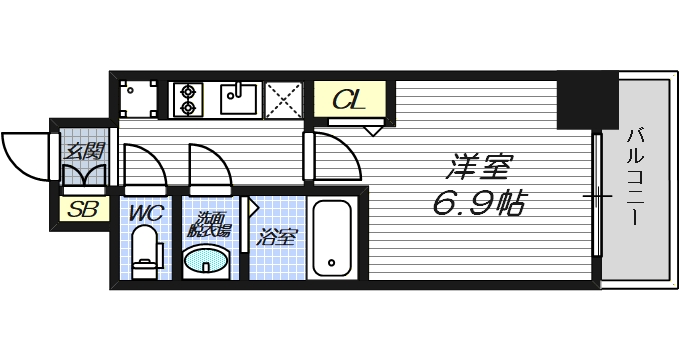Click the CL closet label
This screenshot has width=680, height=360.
click(x=349, y=100)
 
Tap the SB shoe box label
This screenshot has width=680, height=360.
click(x=77, y=210)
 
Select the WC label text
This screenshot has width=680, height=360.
click(x=146, y=213)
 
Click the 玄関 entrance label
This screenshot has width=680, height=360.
click(x=84, y=152)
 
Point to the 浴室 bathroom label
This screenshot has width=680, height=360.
click(x=276, y=238)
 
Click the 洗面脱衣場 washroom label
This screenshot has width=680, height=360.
click(x=208, y=223)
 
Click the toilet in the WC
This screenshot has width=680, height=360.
click(x=146, y=251)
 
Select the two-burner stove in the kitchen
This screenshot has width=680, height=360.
click(x=187, y=98)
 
